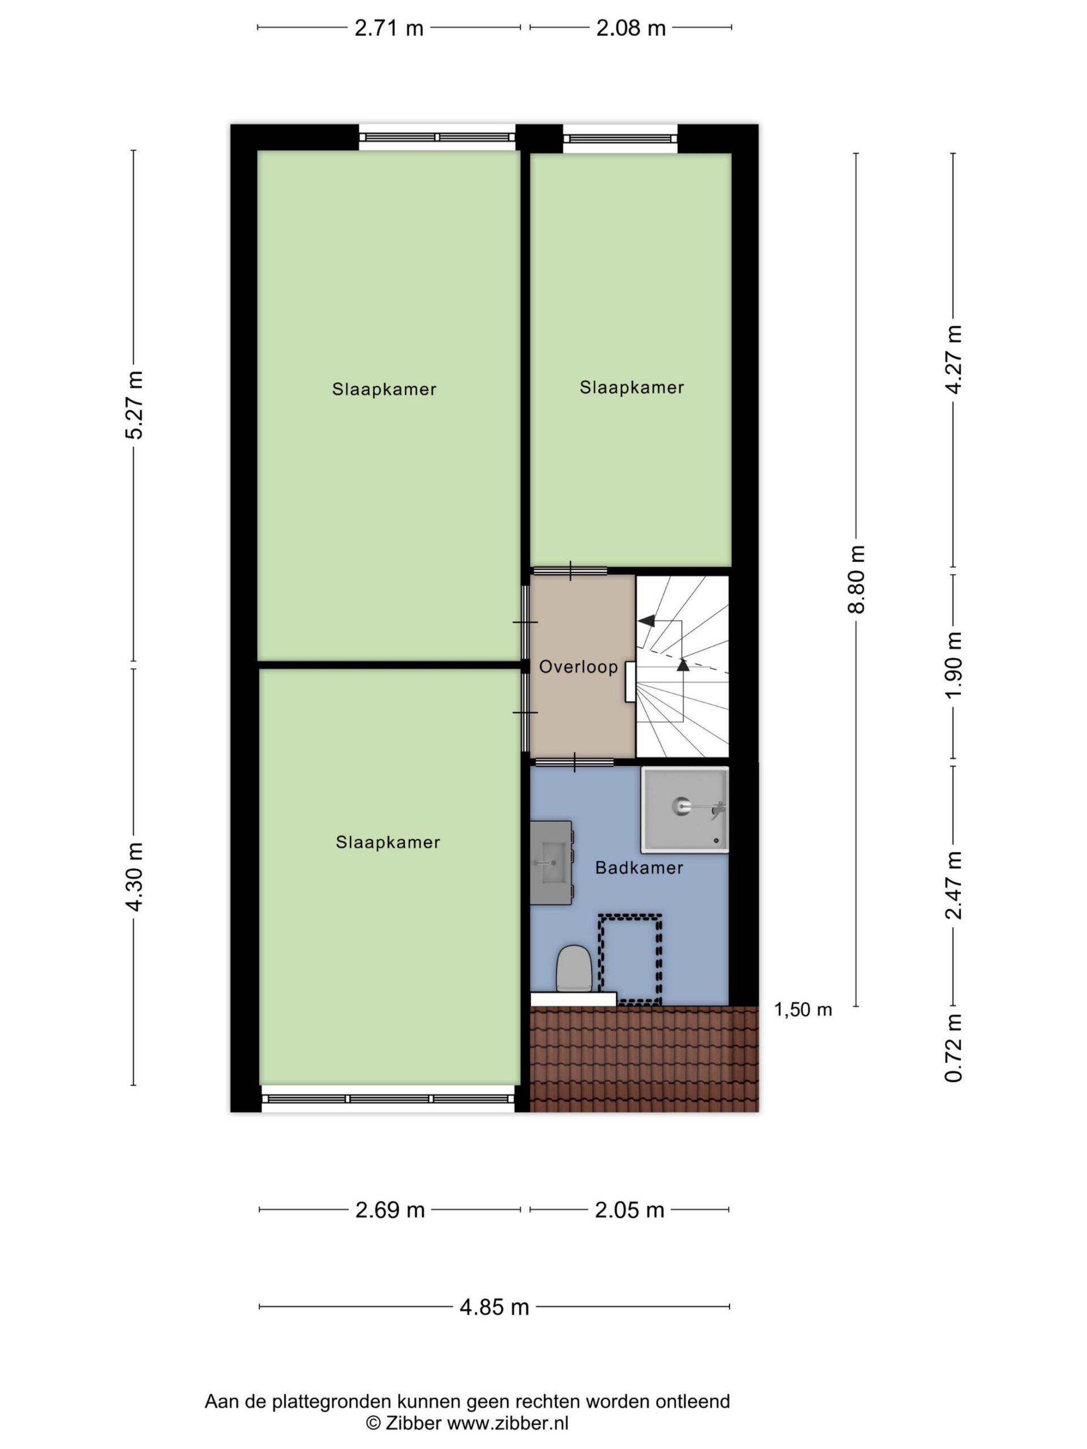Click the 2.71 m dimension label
click(388, 28)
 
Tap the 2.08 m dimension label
click(630, 28)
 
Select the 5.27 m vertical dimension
click(135, 405)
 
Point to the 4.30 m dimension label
click(135, 876)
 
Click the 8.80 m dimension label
click(857, 579)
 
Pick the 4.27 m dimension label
click(954, 359)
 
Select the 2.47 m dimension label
click(954, 885)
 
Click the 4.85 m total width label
click(494, 1307)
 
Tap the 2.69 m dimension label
click(390, 1210)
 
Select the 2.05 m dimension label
click(629, 1210)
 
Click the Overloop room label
click(579, 667)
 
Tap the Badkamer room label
click(639, 868)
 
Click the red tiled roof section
click(643, 1058)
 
